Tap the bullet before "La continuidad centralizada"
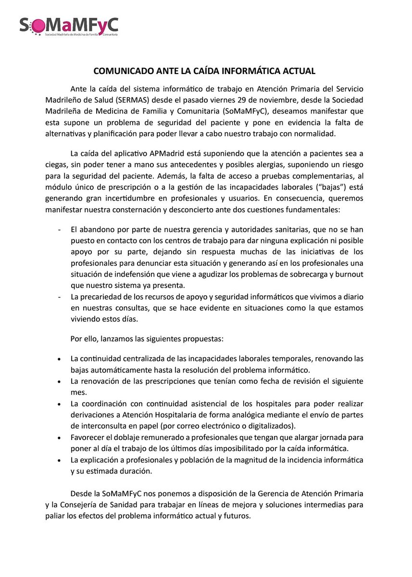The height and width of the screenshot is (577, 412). click(x=59, y=360)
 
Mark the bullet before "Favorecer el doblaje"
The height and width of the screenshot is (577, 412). click(x=59, y=438)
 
